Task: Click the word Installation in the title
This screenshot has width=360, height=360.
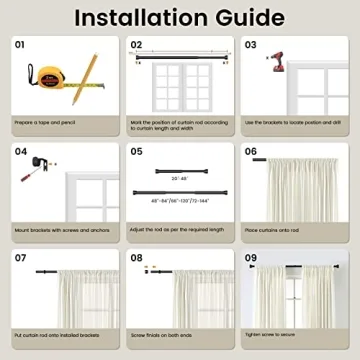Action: [x=140, y=17]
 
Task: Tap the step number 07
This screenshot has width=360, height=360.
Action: [x=21, y=257]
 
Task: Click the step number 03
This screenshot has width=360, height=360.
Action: [x=251, y=44]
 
